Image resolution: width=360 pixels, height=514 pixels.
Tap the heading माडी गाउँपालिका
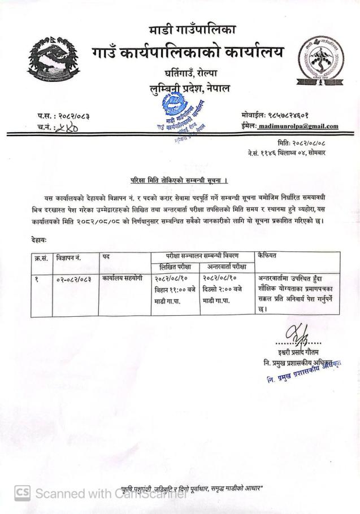coord(193,29)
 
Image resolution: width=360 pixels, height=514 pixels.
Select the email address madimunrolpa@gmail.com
coord(298,127)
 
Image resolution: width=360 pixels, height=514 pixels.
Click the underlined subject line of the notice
coord(179,181)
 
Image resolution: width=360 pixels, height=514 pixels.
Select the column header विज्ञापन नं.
coord(69,257)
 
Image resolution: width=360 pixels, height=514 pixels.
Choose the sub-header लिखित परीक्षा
coord(175,266)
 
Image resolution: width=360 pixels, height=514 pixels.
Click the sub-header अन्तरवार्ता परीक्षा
coord(227,266)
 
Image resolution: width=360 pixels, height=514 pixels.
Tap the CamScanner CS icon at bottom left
coord(21,493)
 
